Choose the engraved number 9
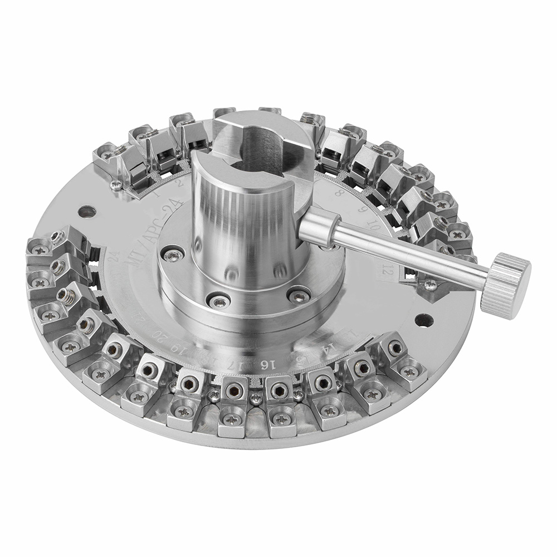362,211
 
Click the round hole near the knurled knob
424,320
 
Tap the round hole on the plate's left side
87,212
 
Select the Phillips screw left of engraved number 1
116,184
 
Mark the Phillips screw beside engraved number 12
430,284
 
